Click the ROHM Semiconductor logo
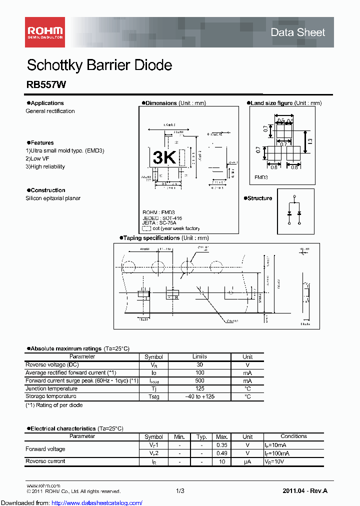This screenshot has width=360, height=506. [45, 32]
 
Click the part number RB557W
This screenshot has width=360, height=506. [46, 85]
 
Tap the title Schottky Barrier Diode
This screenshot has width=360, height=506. [99, 65]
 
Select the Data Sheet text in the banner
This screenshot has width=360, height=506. [297, 32]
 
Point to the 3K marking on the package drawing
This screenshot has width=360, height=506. [164, 157]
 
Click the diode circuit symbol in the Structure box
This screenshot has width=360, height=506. [294, 212]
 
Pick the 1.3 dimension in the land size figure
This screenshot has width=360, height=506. [310, 141]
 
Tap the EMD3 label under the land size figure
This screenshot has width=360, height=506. [261, 177]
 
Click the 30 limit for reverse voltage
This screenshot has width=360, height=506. [199, 365]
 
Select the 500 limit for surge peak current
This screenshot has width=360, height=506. [199, 381]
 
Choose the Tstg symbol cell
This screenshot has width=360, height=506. [153, 397]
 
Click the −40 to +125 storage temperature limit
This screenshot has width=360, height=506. [199, 397]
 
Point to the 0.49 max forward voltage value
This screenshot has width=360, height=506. [221, 453]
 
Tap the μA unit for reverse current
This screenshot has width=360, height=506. [247, 461]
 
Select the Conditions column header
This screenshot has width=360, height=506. [293, 436]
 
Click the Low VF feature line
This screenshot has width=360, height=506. [37, 158]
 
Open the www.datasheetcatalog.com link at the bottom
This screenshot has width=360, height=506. [71, 502]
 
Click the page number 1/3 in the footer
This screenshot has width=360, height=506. [180, 491]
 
